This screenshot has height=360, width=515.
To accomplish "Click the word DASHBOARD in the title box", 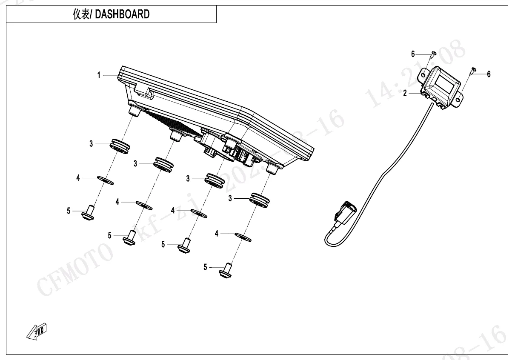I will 122,14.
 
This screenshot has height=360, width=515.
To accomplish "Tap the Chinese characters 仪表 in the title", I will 81,14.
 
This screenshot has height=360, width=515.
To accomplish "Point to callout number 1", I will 99,75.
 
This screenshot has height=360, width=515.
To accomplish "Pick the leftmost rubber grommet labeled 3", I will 120,145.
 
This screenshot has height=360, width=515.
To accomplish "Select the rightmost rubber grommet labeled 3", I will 259,199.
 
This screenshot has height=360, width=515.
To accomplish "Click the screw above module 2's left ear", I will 433,54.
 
